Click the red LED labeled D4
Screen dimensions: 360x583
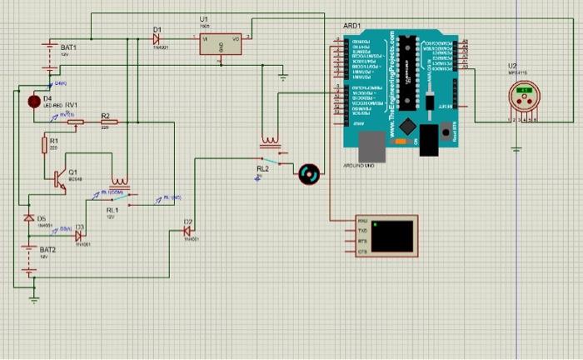34,101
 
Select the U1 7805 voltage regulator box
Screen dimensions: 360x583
221,43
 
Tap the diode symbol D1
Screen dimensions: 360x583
157,38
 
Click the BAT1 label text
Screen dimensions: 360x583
68,47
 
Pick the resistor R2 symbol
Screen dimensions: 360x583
106,122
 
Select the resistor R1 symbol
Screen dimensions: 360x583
44,145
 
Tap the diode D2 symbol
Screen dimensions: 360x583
188,231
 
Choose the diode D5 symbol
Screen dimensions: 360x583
29,217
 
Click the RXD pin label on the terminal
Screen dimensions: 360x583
361,221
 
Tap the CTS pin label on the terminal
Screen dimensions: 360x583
361,251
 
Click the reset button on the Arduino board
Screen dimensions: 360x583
446,131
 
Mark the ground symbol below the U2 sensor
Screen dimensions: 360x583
516,149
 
